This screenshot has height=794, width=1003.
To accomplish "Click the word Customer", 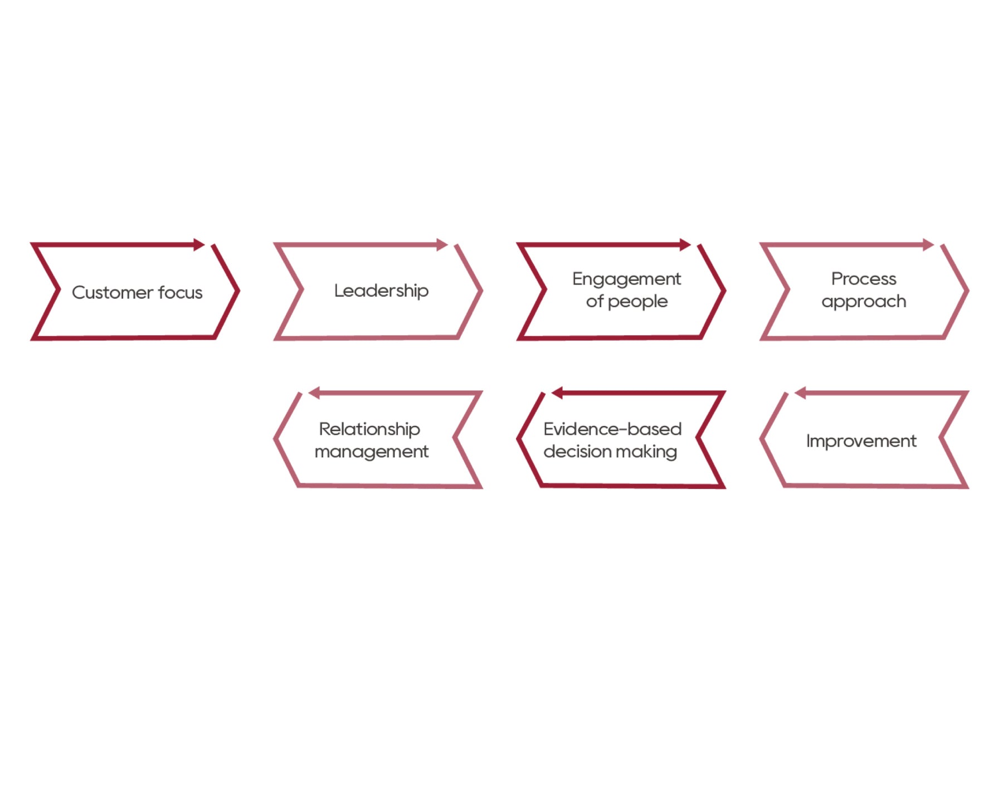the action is (x=113, y=292).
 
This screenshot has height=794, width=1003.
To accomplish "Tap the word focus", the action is (x=180, y=292).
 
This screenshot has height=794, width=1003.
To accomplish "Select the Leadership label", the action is (x=381, y=291).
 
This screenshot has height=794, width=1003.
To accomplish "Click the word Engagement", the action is (x=626, y=279).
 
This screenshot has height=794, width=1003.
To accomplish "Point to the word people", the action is (x=637, y=302).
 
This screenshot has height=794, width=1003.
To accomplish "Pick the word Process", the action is (x=864, y=278).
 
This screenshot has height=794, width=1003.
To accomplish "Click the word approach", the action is (x=864, y=302).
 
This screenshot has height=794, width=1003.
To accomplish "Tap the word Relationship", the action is (x=369, y=429).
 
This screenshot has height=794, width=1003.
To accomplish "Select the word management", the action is (x=372, y=452).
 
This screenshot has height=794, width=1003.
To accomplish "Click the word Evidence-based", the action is (x=612, y=429).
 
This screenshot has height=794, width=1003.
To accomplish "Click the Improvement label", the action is (x=861, y=441).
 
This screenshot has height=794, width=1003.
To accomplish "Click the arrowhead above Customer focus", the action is (x=199, y=244).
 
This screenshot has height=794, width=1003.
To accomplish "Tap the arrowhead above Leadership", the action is (x=442, y=244).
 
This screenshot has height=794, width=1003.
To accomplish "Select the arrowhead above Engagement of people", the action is (x=685, y=244).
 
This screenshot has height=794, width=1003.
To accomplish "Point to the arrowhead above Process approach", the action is (x=928, y=244).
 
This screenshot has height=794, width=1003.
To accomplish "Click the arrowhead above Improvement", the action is (x=800, y=393).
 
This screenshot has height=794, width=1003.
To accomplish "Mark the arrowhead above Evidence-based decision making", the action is (x=557, y=393).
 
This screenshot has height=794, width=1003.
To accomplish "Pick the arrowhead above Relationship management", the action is (x=314, y=393).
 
